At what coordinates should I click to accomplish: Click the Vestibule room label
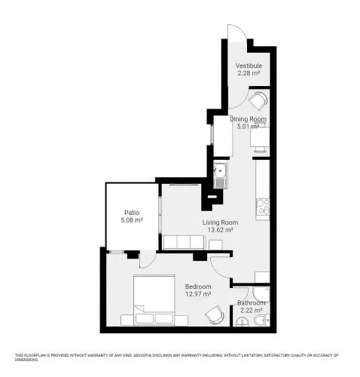(249, 66)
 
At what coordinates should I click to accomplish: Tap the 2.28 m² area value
(249, 73)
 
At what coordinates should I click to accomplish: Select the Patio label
(132, 213)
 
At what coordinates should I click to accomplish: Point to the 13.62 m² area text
(220, 230)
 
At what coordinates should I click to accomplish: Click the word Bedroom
(198, 287)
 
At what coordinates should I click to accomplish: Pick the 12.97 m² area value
(198, 294)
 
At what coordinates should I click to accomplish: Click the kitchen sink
(220, 176)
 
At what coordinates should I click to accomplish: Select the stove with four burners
(263, 207)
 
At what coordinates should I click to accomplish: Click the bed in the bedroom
(154, 300)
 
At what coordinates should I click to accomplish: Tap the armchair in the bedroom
(215, 314)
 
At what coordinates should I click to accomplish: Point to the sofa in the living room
(184, 242)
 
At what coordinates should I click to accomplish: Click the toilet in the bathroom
(261, 320)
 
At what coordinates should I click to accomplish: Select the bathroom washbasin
(242, 322)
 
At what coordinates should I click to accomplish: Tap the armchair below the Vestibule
(258, 100)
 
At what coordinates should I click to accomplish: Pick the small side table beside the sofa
(215, 245)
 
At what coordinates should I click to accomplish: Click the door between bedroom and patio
(148, 259)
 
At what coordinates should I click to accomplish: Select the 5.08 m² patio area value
(132, 220)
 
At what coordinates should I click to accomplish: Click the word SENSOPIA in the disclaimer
(142, 355)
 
